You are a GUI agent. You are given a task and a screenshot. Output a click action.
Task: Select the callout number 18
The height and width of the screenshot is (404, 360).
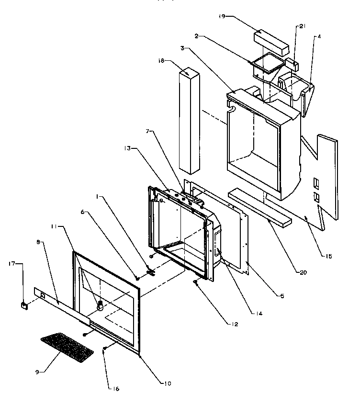[160, 61]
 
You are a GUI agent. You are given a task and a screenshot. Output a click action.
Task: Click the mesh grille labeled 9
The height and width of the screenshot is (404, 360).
[67, 347]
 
